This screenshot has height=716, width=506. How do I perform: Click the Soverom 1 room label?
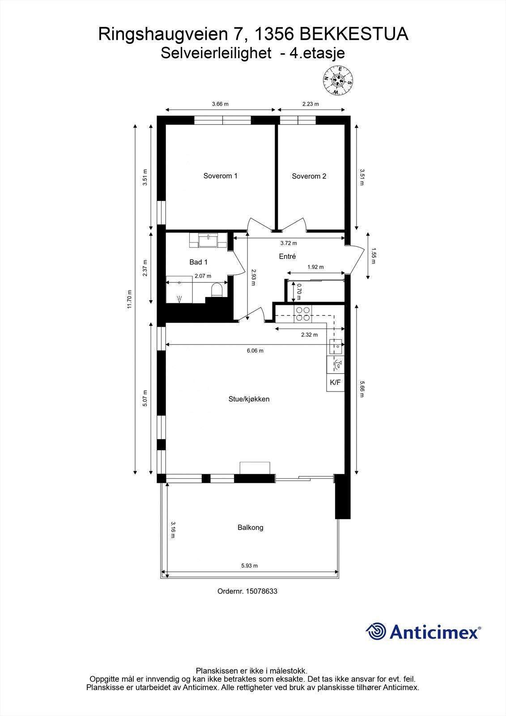click(x=220, y=176)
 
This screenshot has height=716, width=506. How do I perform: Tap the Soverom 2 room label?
click(x=309, y=176)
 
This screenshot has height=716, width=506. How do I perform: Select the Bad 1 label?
click(x=198, y=262)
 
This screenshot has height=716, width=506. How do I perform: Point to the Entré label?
click(x=287, y=256)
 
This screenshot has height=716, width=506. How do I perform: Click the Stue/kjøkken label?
click(x=249, y=399)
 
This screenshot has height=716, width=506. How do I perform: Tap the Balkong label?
click(x=250, y=528)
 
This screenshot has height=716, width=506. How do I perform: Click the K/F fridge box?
click(x=335, y=383)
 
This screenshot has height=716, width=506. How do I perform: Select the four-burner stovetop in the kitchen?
click(x=302, y=314)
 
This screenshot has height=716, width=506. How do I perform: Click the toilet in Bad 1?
click(x=217, y=290)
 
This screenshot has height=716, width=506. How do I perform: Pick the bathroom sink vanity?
click(x=208, y=241)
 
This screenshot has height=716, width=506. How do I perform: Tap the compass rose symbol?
click(x=338, y=80)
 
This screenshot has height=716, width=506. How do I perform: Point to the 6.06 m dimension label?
click(x=255, y=351)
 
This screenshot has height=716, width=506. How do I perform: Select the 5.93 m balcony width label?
click(x=249, y=566)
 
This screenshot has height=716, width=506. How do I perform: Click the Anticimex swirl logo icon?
click(x=376, y=631)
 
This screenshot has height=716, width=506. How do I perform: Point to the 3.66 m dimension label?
click(x=220, y=104)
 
